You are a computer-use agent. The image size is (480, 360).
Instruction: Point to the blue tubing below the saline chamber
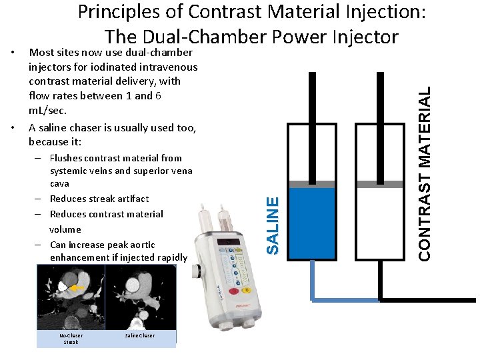click(x=340, y=299)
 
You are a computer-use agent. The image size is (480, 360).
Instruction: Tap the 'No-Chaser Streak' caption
click(x=71, y=339)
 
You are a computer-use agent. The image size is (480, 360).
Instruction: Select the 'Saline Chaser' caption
click(x=139, y=335)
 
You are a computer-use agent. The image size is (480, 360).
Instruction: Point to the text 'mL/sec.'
click(x=47, y=110)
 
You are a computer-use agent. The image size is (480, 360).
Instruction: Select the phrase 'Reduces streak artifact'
click(x=99, y=199)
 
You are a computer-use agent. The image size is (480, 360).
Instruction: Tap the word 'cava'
click(x=59, y=183)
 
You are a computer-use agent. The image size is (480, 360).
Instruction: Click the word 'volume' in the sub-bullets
click(x=65, y=229)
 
